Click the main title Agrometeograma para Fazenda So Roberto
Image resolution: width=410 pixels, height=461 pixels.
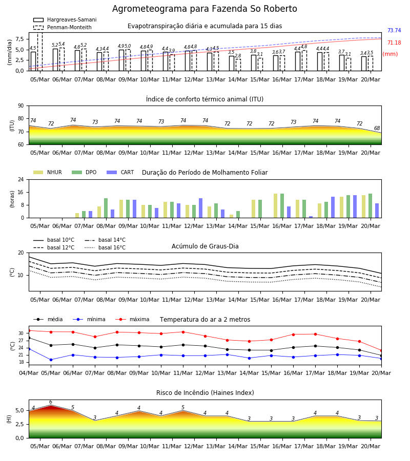(204, 9)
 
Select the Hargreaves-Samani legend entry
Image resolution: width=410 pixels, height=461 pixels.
(65, 19)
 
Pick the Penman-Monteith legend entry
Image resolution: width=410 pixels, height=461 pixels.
(63, 27)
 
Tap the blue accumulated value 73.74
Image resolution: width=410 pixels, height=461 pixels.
(394, 30)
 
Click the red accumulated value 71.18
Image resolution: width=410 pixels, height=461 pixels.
(394, 43)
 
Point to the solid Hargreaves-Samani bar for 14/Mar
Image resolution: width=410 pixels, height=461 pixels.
(232, 63)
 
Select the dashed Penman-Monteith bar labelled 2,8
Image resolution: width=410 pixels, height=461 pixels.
(238, 65)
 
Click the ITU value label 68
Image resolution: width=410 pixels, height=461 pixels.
(377, 128)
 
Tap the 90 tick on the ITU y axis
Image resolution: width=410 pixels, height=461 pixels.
(21, 106)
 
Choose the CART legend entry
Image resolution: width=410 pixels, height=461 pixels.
(120, 172)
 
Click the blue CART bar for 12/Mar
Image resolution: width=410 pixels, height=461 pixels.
(200, 208)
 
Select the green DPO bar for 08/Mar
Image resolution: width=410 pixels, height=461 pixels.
(106, 208)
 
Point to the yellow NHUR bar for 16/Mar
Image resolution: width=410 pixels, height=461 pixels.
(276, 206)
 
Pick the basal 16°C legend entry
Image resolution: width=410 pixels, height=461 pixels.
(105, 247)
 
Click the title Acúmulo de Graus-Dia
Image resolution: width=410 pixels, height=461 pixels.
(205, 246)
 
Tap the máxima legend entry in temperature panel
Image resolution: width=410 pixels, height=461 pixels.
(132, 319)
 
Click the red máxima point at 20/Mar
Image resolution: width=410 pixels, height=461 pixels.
(381, 350)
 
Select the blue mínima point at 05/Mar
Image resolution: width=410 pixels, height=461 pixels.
(51, 360)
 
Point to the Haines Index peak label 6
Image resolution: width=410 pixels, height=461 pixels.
(51, 402)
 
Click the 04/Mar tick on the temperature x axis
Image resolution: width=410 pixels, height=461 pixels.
(29, 373)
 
